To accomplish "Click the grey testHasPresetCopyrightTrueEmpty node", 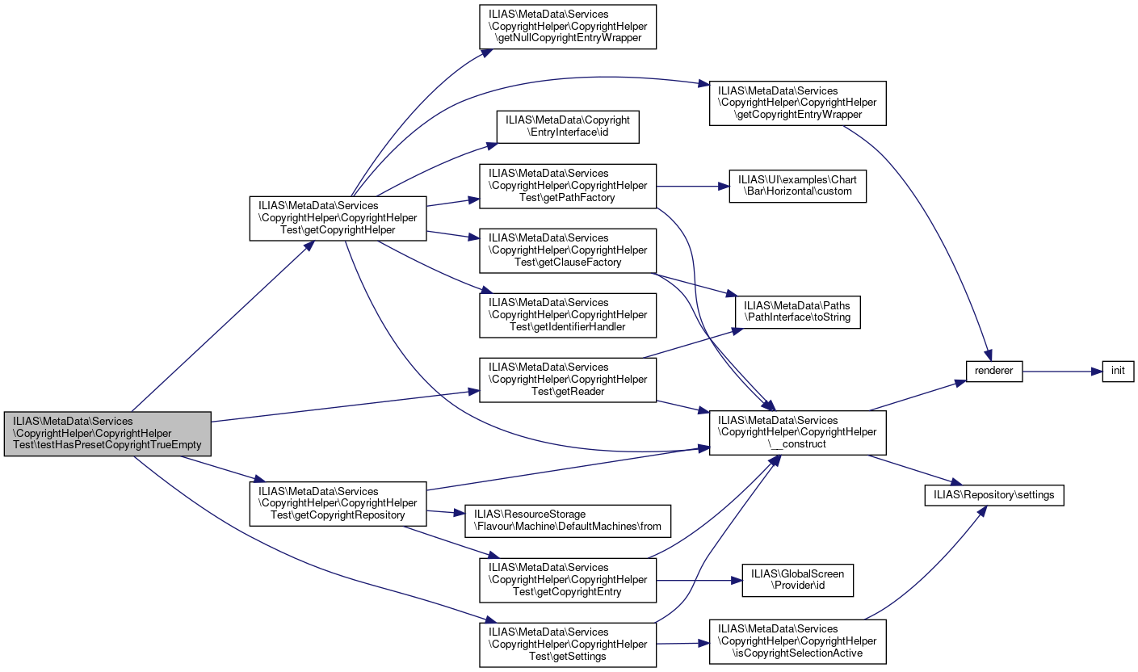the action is [x=107, y=433].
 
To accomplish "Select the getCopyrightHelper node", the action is [x=338, y=218].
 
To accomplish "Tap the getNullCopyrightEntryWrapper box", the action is [x=568, y=27].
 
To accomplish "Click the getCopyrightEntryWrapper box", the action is [x=798, y=103].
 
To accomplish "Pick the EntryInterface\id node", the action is [x=568, y=127].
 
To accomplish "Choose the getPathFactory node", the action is [x=568, y=186].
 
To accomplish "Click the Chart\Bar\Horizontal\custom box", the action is [x=798, y=186].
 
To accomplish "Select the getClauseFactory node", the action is [x=568, y=250].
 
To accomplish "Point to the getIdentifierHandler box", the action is [x=568, y=316].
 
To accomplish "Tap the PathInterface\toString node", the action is [x=798, y=312].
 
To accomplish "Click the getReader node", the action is [x=568, y=380].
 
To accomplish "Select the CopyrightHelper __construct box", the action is [x=798, y=433].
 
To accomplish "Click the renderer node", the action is [x=993, y=372].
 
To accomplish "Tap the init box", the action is [x=1118, y=372].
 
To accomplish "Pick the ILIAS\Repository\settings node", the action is [x=993, y=495].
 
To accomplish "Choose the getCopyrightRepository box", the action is [x=338, y=503].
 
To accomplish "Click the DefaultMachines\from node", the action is [x=568, y=521].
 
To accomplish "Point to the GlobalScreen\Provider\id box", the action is [x=798, y=580].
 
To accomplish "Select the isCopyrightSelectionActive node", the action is [x=798, y=641].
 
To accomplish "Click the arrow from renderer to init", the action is [x=1062, y=372].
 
